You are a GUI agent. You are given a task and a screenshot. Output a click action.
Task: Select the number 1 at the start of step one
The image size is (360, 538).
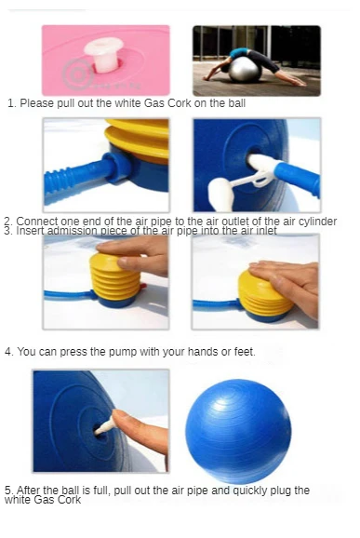(10, 103)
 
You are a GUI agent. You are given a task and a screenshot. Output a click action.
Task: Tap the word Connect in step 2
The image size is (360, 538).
(36, 222)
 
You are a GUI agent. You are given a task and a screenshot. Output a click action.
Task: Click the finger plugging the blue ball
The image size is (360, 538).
(140, 428)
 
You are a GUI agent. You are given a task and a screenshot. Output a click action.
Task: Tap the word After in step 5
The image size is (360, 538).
(32, 491)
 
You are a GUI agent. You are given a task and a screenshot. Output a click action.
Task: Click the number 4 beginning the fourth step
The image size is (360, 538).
(8, 352)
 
